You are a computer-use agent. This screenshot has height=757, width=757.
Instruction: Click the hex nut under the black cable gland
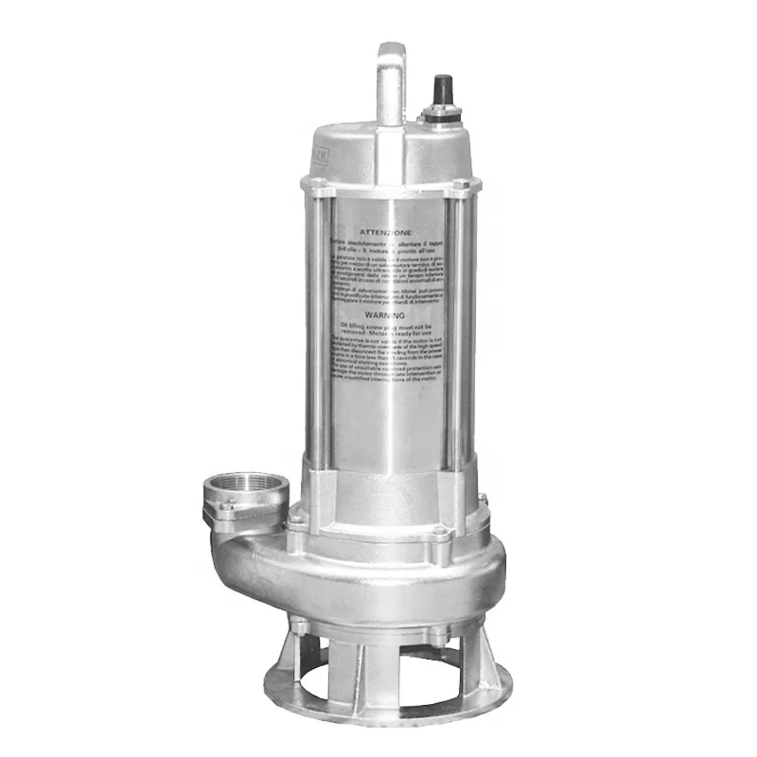(x=439, y=116)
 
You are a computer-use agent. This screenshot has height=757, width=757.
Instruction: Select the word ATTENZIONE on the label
(x=385, y=231)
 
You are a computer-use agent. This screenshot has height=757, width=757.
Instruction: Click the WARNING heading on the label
(x=385, y=314)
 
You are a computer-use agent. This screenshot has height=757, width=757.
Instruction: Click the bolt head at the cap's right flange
(x=460, y=184)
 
